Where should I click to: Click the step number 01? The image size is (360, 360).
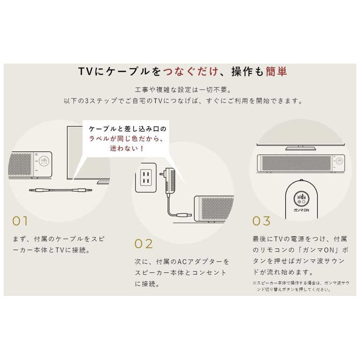coord(20,221)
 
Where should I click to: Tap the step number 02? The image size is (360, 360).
coord(144,244)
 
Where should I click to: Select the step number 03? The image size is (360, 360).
coord(261,221)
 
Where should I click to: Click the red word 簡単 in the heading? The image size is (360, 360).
coord(276,72)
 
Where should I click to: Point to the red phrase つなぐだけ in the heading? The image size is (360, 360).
coord(191,72)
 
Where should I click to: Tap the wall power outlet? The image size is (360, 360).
coord(146,177)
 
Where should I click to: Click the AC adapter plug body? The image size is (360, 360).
coord(170,181)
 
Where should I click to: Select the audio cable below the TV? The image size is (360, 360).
coord(61,190)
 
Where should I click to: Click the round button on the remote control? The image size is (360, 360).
coord(301,199)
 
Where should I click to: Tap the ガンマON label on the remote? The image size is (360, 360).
coord(301,210)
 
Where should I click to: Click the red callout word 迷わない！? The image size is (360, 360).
coord(127,148)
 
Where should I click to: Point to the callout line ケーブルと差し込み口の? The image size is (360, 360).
coord(127,129)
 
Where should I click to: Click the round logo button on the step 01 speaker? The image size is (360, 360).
coord(44,161)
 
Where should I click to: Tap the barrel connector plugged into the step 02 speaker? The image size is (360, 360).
coord(185,215)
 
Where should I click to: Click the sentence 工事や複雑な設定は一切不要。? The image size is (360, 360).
coord(183,90)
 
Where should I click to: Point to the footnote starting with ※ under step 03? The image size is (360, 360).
coord(301,286)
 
